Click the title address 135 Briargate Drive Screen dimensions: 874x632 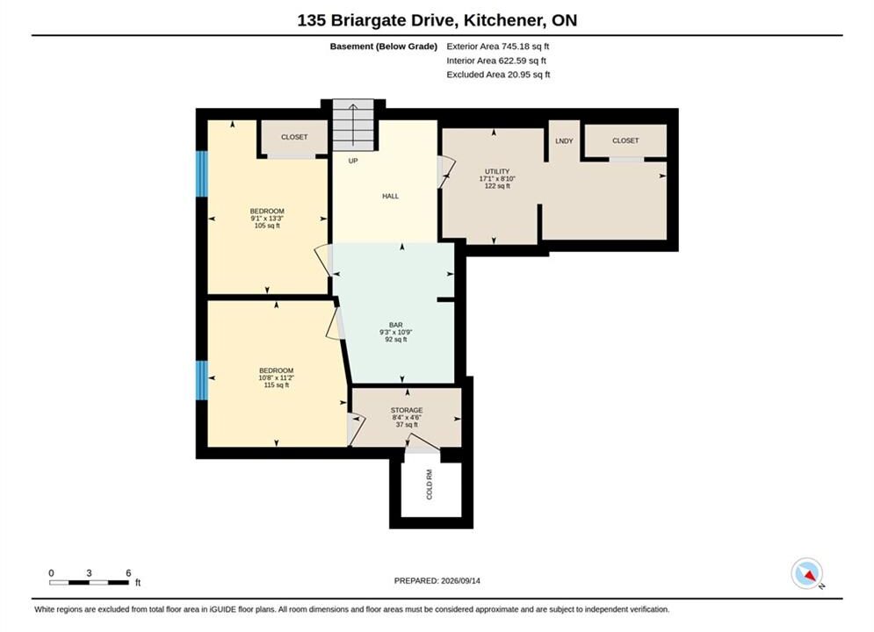point(378,20)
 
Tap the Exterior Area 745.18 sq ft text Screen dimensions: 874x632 point(498,47)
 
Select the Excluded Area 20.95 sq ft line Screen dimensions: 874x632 point(498,75)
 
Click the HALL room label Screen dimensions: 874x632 point(390,196)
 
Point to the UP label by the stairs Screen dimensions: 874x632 point(353,161)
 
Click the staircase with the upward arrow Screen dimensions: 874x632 point(353,125)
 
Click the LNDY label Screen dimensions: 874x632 point(564,140)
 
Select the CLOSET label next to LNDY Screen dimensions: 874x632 point(625,140)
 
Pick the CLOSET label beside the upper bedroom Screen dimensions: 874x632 point(294,137)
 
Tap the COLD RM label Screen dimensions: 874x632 point(430,485)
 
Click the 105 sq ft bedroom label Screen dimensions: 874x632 point(267,219)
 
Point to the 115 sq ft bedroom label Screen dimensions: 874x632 point(276,377)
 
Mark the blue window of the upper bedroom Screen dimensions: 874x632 point(202,174)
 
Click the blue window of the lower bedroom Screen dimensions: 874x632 point(202,380)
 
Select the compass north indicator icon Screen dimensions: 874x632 point(807,573)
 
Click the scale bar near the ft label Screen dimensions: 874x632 point(90,583)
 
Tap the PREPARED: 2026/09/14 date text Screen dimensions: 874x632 point(437,581)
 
